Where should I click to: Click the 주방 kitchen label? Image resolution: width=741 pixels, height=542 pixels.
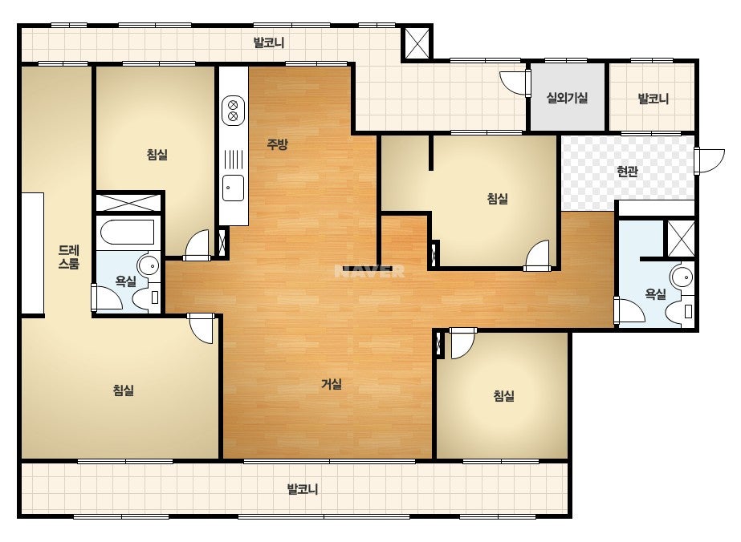click(277, 144)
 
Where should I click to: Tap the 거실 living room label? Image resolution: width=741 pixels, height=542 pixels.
click(332, 384)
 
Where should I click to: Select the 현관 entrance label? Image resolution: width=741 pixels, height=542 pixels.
click(627, 171)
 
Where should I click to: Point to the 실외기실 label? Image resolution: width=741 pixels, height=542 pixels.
click(567, 98)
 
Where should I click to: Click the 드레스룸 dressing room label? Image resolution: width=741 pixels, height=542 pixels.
click(68, 257)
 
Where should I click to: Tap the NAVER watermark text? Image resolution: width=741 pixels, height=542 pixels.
click(369, 272)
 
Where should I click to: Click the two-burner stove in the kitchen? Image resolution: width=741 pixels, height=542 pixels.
click(233, 111)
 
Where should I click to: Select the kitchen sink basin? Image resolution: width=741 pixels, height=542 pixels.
click(233, 188)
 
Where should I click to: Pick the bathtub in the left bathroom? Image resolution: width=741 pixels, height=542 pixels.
click(128, 233)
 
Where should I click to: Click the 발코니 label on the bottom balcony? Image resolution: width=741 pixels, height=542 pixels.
click(303, 489)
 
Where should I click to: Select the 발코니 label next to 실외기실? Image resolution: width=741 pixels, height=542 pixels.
click(653, 99)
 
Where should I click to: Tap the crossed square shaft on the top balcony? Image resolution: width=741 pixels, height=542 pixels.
click(417, 42)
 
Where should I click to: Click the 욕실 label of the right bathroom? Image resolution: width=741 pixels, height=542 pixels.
click(655, 294)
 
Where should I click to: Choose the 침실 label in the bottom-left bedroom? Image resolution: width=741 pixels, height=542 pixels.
click(124, 390)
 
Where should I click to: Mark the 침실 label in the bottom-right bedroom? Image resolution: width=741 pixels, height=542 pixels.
click(503, 395)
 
